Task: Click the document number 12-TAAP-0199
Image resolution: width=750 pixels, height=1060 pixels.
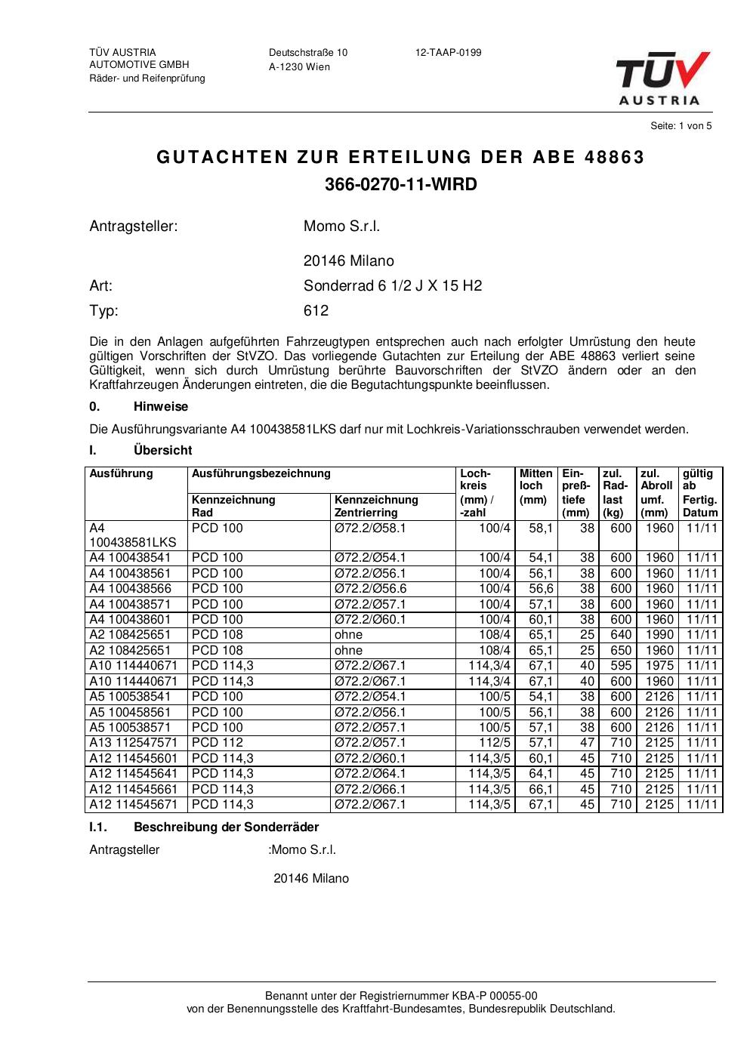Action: pos(448,53)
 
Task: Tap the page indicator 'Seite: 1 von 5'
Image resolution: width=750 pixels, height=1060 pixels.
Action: pos(681,126)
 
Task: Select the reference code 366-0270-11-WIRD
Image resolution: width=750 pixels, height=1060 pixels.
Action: pos(400,184)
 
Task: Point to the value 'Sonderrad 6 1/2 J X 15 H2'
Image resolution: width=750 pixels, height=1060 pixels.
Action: pos(392,286)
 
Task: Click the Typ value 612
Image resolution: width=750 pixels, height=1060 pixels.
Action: pos(316,310)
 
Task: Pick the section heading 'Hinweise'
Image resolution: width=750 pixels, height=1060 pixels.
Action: pos(161,407)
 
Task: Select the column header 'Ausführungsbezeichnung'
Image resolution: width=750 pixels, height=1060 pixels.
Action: pos(261,474)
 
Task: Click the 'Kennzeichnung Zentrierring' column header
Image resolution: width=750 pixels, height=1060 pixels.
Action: pos(376,506)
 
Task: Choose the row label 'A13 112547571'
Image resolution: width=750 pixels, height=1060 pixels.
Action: pos(134,743)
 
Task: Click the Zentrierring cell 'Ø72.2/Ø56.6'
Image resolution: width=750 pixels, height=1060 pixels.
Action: pos(370,589)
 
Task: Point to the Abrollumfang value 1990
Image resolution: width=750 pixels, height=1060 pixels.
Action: pos(659,635)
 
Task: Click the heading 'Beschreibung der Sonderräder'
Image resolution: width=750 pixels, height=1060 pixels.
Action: pos(226,827)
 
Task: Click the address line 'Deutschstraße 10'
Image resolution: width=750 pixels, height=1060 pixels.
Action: pos(308,53)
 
